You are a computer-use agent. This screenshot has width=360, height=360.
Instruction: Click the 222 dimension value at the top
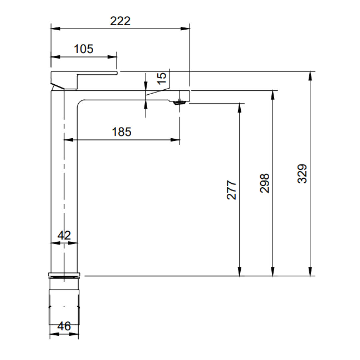point(120,21)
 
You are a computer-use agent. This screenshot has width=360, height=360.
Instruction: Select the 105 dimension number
point(84,49)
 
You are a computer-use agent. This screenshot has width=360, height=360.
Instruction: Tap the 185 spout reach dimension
point(121,132)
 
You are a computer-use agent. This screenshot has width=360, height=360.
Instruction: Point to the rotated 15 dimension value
point(162,79)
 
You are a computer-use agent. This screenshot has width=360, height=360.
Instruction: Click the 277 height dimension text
point(231,190)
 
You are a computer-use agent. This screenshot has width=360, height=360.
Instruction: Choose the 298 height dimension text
point(264,183)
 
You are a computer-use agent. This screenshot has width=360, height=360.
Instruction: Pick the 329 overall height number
point(302,174)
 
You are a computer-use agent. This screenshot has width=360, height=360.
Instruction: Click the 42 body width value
point(64,235)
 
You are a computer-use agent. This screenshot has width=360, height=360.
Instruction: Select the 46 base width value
point(64,326)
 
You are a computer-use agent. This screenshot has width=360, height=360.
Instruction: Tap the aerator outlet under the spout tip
point(180,102)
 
